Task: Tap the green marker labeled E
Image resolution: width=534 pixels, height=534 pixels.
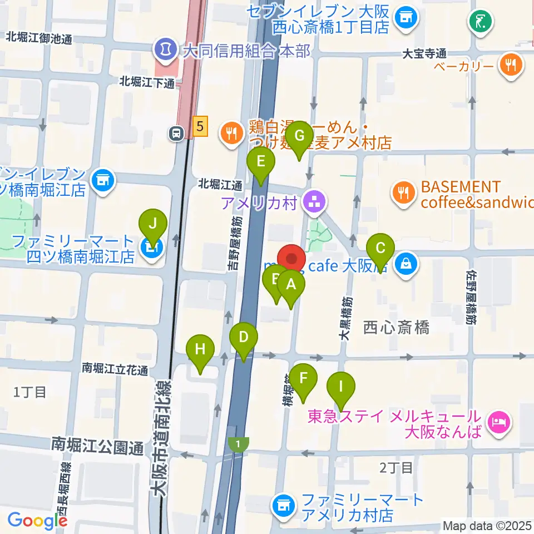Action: coord(261,162)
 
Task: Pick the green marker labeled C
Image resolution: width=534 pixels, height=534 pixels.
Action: coord(380,248)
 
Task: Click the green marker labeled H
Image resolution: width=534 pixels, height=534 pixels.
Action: coord(201,350)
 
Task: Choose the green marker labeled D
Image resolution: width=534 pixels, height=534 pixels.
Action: coord(244,338)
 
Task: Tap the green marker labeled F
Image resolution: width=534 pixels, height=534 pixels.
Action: coord(303,379)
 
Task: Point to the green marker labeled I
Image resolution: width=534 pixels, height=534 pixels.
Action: coord(342,385)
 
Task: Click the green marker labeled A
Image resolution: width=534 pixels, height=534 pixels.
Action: coord(290,285)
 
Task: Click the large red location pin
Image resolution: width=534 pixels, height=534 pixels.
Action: coord(291,259)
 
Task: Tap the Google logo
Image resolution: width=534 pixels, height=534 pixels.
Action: coord(37,521)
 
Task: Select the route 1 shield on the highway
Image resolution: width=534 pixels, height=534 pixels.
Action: coord(239,444)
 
